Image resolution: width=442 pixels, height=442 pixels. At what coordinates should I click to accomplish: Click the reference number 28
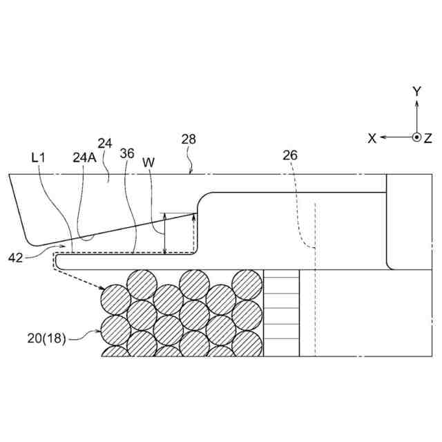point(189,140)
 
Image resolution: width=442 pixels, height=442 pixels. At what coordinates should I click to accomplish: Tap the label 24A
point(84,157)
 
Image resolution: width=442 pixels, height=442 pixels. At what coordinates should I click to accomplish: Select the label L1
point(39,158)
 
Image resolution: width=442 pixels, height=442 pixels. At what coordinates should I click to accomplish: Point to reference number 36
point(127,153)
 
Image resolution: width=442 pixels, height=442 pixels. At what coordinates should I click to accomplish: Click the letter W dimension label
point(148,162)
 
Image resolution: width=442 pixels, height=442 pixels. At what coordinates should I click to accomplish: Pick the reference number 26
point(290,155)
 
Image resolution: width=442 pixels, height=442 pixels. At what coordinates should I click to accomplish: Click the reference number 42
point(15,258)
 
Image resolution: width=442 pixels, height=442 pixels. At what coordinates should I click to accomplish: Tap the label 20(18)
point(46,338)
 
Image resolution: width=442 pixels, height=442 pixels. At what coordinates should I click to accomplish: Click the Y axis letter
point(416,91)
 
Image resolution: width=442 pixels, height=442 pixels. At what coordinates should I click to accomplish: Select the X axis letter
point(372,139)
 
